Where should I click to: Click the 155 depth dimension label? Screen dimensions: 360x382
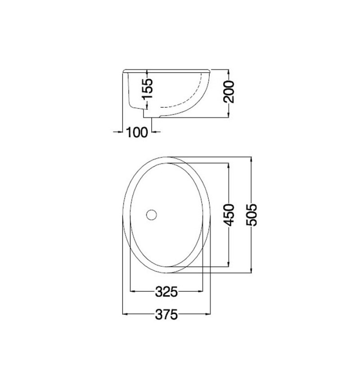tap(148, 88)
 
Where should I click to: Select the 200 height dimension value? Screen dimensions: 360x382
tap(229, 92)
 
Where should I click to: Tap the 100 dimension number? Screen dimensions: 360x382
tap(137, 132)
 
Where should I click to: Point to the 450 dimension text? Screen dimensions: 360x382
tap(229, 215)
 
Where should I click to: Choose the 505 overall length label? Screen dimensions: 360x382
tap(252, 215)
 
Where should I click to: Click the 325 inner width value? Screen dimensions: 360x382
tap(167, 291)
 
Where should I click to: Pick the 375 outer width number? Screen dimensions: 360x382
tap(167, 314)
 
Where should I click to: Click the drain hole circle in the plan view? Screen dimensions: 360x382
tap(151, 215)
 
